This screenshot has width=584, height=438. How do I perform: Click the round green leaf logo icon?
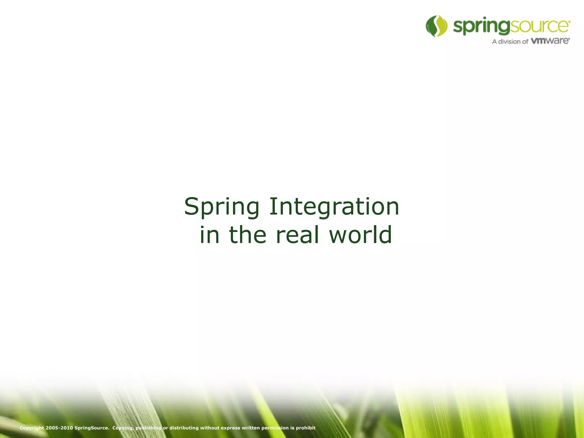[x=436, y=26]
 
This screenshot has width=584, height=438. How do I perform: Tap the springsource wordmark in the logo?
[x=512, y=27]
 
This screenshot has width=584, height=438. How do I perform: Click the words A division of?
[x=510, y=42]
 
